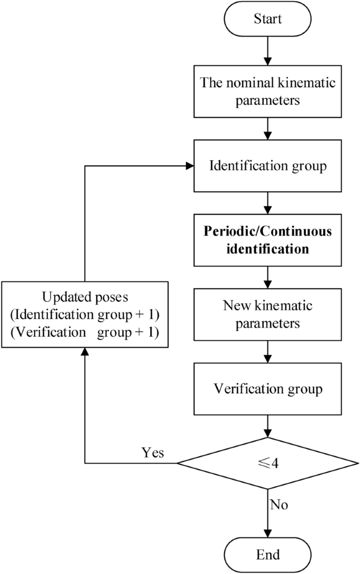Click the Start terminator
(268, 20)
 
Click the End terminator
(268, 555)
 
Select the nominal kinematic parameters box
(268, 91)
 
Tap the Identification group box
(268, 166)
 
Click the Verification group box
(268, 390)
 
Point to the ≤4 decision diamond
(268, 464)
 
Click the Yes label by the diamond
(152, 453)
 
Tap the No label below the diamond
(279, 505)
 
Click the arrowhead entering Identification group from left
(190, 166)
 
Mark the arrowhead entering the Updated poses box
(85, 353)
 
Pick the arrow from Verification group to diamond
(268, 425)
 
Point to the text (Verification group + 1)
(85, 332)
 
